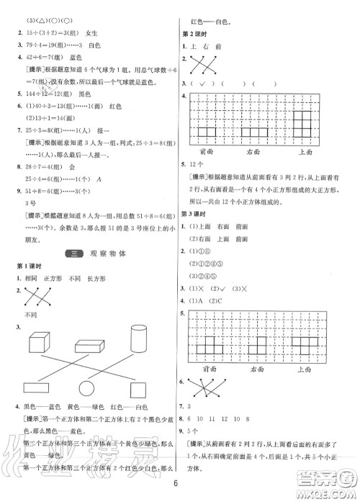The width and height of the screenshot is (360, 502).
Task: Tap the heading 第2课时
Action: (x=192, y=34)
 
